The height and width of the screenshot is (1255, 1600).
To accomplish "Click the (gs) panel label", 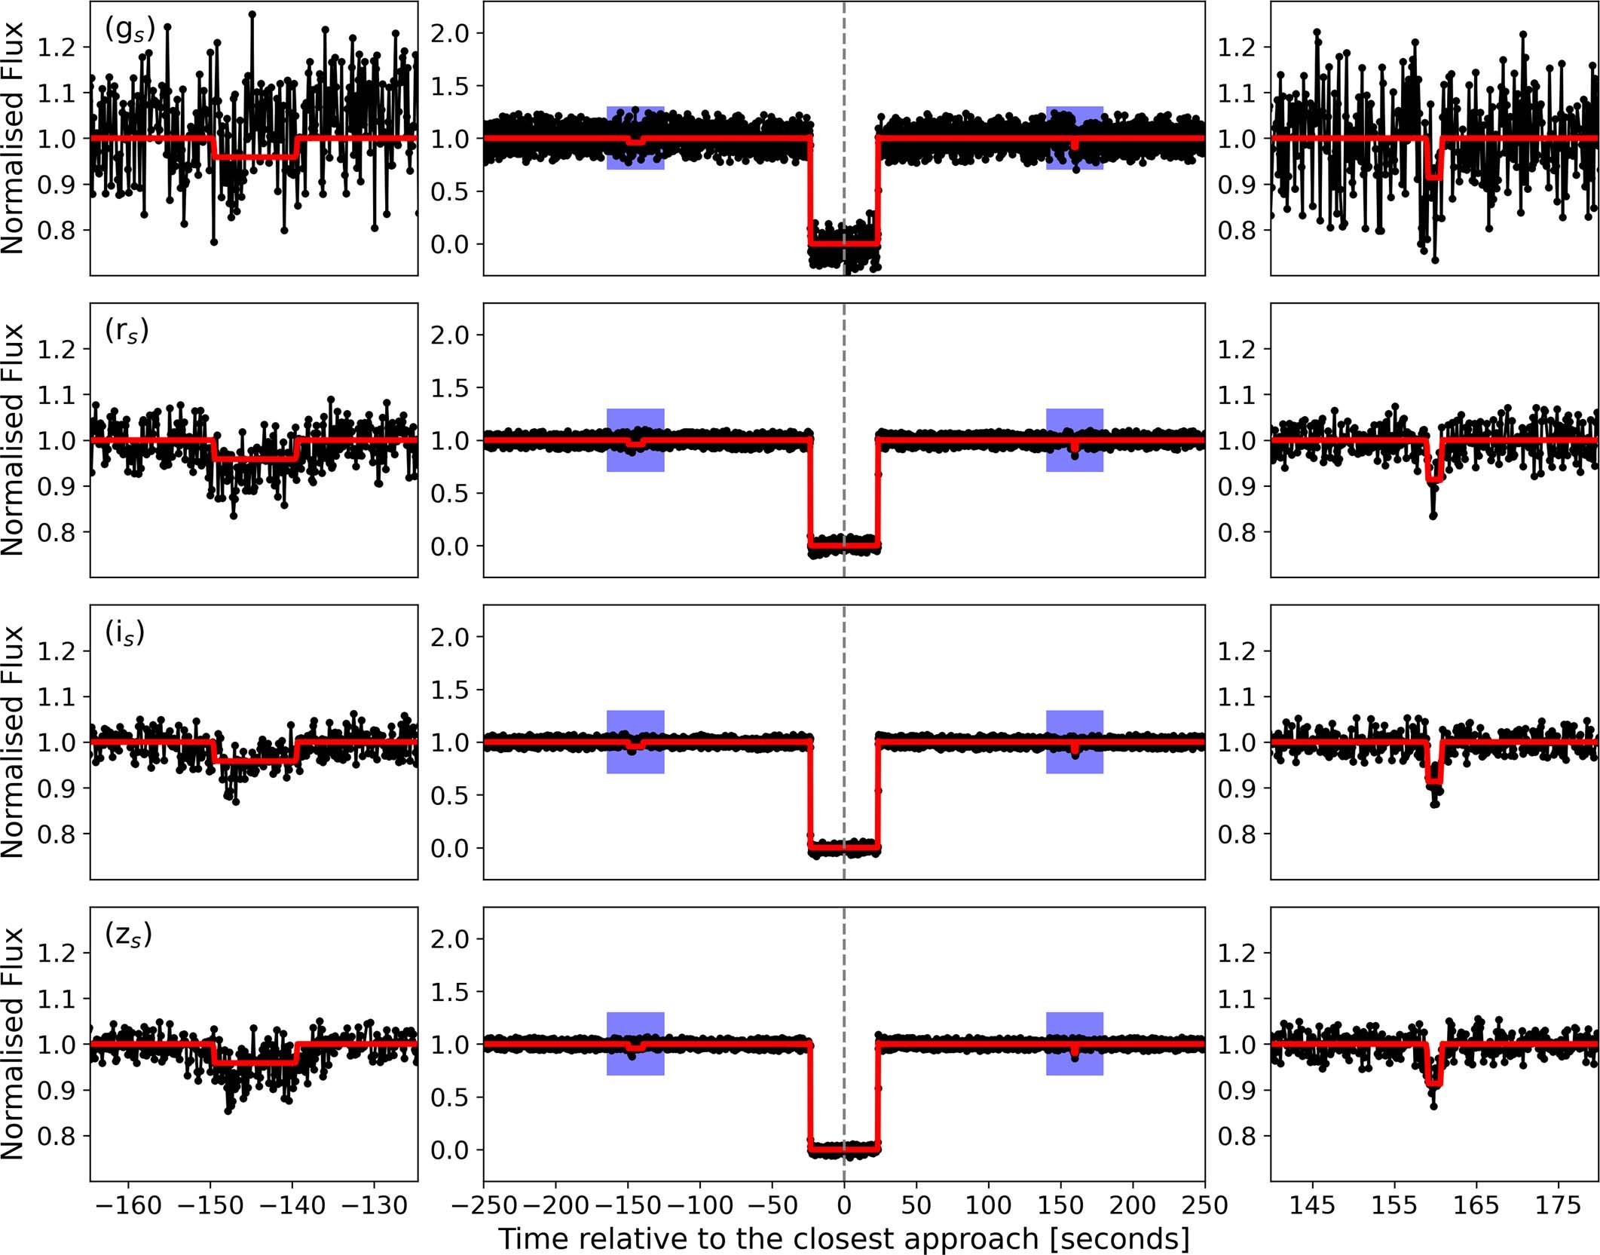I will pyautogui.click(x=130, y=30).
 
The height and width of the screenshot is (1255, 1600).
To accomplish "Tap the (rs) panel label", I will pyautogui.click(x=127, y=332).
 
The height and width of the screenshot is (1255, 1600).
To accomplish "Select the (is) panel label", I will pyautogui.click(x=124, y=633).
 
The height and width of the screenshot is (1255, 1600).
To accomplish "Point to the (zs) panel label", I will pyautogui.click(x=128, y=935).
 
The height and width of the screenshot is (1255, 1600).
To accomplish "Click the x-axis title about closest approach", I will pyautogui.click(x=843, y=1238).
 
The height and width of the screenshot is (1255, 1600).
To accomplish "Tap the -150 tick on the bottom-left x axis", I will pyautogui.click(x=210, y=1205).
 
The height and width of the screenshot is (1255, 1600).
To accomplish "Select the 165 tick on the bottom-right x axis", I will pyautogui.click(x=1475, y=1205).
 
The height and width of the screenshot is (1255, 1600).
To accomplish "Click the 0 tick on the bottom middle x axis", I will pyautogui.click(x=843, y=1205).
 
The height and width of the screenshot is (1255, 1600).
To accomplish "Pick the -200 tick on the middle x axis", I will pyautogui.click(x=555, y=1205).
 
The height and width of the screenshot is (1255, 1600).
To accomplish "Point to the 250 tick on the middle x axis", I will pyautogui.click(x=1204, y=1205).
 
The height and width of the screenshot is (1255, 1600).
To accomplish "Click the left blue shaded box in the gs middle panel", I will pyautogui.click(x=635, y=138).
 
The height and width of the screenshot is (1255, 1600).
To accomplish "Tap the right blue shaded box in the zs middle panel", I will pyautogui.click(x=1074, y=1043).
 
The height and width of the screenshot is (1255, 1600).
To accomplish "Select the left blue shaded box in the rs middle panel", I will pyautogui.click(x=635, y=440).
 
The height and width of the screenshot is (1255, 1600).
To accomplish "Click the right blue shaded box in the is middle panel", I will pyautogui.click(x=1074, y=742).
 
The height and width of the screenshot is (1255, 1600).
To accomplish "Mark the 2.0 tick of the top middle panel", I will pyautogui.click(x=449, y=33).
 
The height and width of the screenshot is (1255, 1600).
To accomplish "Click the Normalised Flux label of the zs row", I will pyautogui.click(x=14, y=1043).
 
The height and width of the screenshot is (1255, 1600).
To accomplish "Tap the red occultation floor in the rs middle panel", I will pyautogui.click(x=843, y=543).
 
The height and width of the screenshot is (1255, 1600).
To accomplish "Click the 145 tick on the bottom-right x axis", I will pyautogui.click(x=1311, y=1205).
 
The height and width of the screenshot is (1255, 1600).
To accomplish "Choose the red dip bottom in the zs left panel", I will pyautogui.click(x=255, y=1063).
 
